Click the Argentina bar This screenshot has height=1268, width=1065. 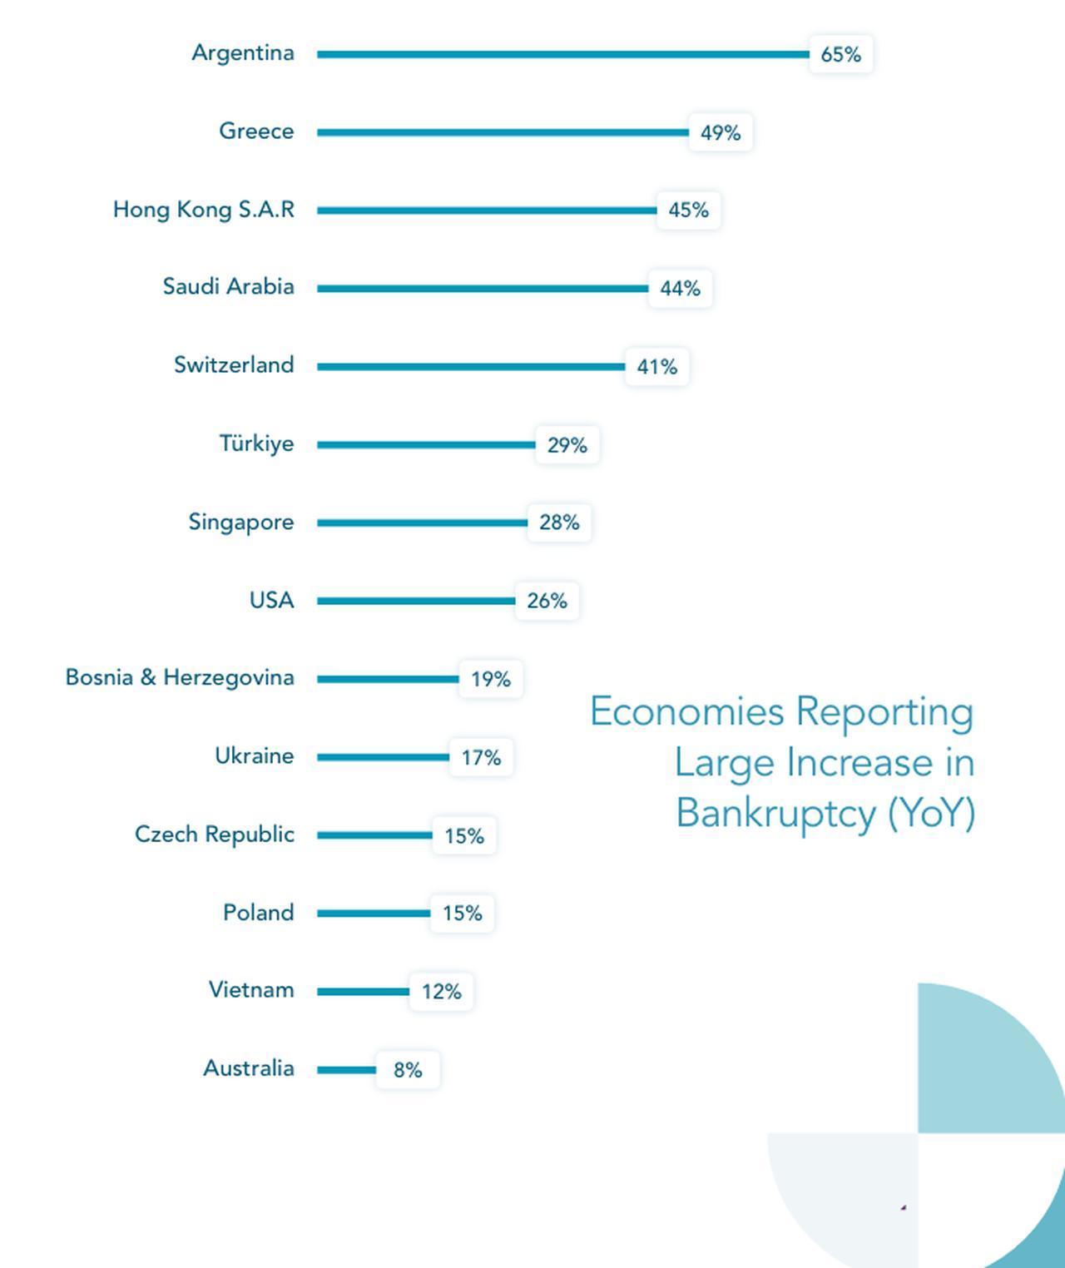562,54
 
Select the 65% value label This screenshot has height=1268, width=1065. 840,55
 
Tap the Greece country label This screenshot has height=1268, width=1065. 256,131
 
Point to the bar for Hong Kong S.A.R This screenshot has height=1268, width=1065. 487,211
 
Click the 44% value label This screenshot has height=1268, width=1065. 680,289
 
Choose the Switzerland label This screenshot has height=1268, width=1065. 234,365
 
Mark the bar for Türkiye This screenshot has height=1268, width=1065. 426,444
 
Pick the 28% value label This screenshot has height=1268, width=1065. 559,523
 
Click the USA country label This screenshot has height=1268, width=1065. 271,601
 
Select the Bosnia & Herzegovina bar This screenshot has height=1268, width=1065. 388,679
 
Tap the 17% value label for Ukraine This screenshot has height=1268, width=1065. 481,758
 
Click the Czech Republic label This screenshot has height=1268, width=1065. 215,835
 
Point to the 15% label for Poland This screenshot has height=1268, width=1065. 462,914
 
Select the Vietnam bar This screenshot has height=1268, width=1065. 363,991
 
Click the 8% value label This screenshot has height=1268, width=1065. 408,1070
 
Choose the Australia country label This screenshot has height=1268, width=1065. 249,1068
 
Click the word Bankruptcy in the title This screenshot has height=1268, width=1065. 776,813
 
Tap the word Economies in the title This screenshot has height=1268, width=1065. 687,712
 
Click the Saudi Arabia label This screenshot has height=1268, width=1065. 228,287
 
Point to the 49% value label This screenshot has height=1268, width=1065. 721,133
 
